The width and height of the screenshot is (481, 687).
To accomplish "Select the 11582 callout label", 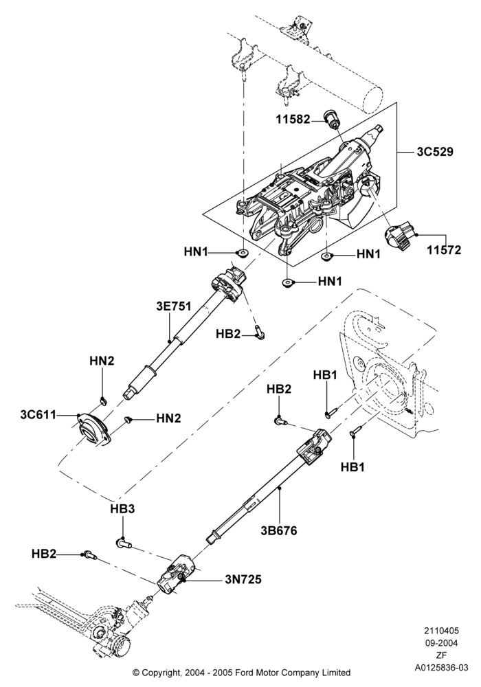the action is coord(293,119).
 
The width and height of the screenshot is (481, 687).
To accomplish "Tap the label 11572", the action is coord(444,250).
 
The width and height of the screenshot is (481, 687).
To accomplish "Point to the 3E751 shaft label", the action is coord(174,306).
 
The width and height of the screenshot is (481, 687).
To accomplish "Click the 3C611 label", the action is coord(38,414).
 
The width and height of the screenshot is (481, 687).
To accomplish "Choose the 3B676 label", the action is coord(278,530).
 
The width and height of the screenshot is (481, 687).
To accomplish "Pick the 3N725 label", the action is coord(243,579).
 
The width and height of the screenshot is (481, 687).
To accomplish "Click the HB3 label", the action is coord(122,509).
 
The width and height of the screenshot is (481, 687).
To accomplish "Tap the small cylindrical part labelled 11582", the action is coord(331,119).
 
